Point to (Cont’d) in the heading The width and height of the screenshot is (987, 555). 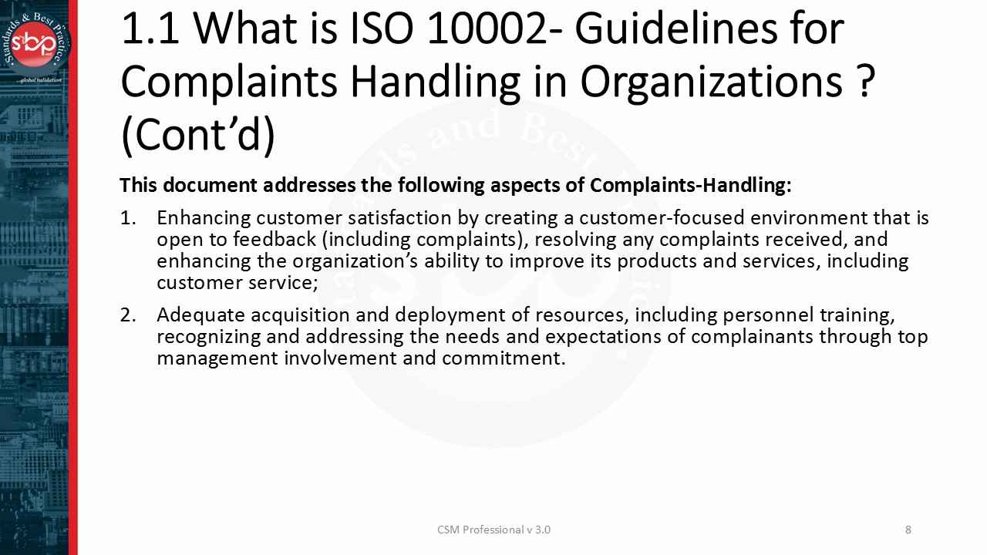[198, 134]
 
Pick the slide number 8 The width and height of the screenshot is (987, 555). [908, 530]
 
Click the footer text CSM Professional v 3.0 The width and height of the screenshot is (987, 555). [493, 530]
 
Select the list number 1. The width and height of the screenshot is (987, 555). [127, 218]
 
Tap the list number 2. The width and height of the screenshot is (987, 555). [127, 315]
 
